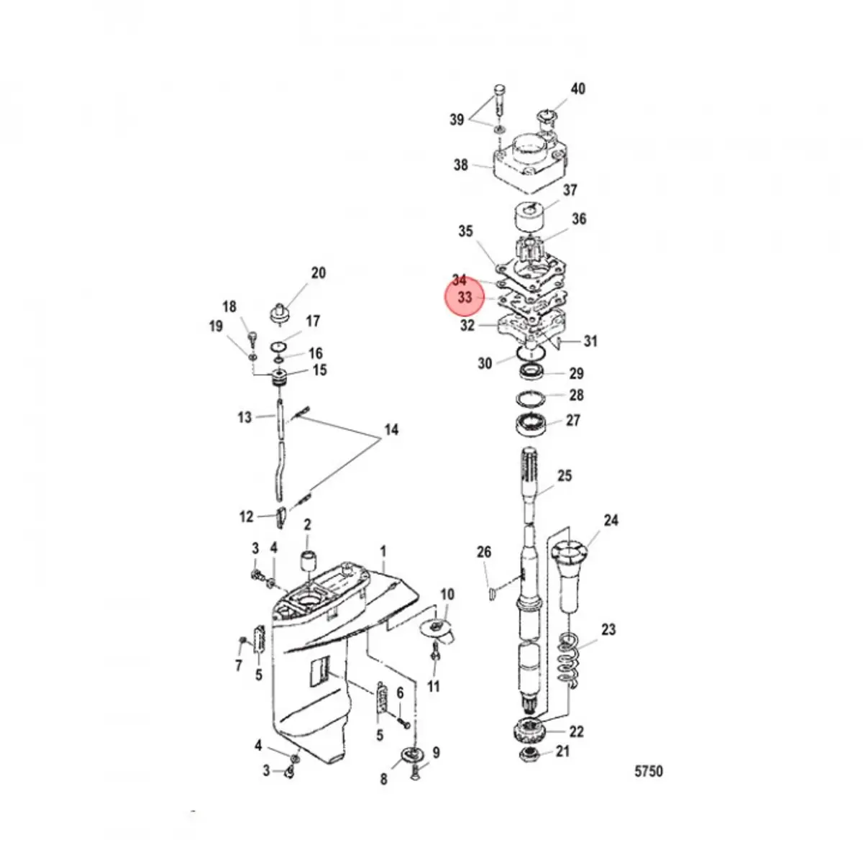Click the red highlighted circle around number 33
465,296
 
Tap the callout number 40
577,88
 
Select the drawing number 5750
648,772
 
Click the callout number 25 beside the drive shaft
565,475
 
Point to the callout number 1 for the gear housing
383,551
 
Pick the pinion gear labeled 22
529,732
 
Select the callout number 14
391,430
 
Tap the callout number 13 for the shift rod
245,417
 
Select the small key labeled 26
492,593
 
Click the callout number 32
467,325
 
